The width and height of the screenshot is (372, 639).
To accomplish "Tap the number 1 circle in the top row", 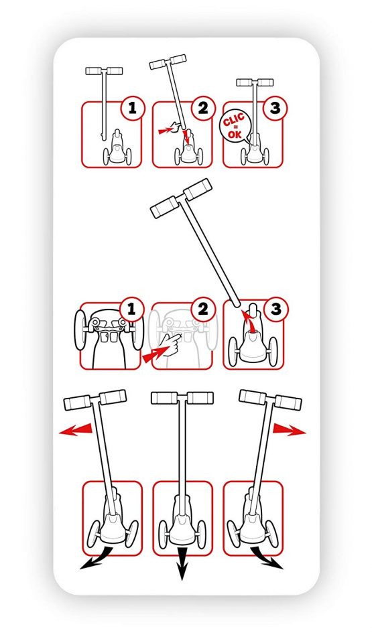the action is click(x=132, y=108).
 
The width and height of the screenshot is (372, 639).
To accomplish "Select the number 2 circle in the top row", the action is click(x=203, y=108).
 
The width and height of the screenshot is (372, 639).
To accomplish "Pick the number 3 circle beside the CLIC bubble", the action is click(x=275, y=108).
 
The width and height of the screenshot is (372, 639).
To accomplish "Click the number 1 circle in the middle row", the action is click(x=131, y=309).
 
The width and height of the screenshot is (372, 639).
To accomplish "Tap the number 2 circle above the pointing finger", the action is click(x=203, y=309).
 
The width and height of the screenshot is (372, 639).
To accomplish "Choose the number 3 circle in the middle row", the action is click(x=275, y=309).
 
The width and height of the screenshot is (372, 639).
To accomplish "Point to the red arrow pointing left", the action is click(x=76, y=429).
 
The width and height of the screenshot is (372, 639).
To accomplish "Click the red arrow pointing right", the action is click(x=289, y=429).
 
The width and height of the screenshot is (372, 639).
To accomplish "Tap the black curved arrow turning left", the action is click(x=97, y=558).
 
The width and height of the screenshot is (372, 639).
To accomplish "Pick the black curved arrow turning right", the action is click(x=267, y=558).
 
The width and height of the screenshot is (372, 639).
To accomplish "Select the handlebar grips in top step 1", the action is click(x=104, y=71).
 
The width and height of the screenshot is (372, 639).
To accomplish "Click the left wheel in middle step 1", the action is click(x=80, y=330).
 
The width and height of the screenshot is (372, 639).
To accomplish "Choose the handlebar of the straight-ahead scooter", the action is click(x=182, y=398).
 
